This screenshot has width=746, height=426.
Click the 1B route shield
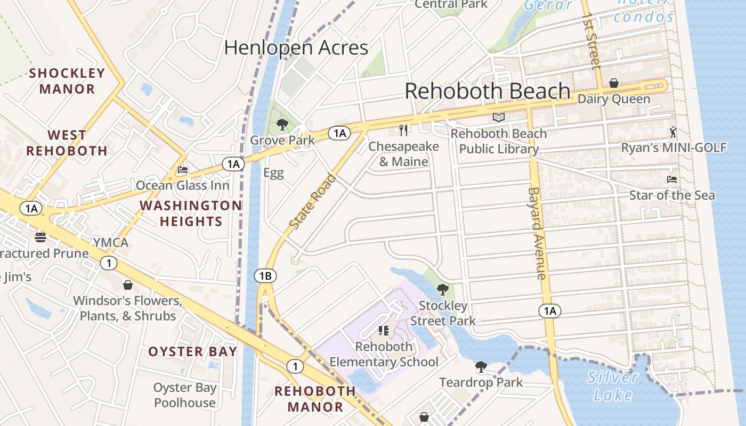(x=265, y=276)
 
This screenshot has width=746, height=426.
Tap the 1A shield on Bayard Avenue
(x=550, y=311)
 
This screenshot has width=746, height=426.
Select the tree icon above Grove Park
(x=282, y=125)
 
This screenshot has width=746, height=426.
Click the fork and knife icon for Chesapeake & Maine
(x=404, y=130)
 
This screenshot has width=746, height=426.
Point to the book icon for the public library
(x=499, y=118)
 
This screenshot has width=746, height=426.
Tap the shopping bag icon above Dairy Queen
(x=614, y=84)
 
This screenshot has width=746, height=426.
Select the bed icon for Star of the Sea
(x=672, y=180)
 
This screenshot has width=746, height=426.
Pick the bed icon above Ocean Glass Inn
(x=183, y=170)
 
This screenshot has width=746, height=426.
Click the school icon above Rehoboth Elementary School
(x=384, y=331)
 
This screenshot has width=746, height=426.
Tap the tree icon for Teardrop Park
(x=481, y=367)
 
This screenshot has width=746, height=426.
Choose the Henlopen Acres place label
(x=296, y=48)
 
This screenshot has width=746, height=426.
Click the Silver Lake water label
(x=613, y=386)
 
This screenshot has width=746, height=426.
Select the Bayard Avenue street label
(x=537, y=233)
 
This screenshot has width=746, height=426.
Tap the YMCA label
(x=111, y=243)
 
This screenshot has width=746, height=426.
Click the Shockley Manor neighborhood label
(x=67, y=81)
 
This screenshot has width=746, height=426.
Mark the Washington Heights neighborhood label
(x=191, y=213)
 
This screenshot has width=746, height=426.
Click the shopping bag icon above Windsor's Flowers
(x=128, y=285)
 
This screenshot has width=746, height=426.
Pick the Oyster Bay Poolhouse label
(x=185, y=395)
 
